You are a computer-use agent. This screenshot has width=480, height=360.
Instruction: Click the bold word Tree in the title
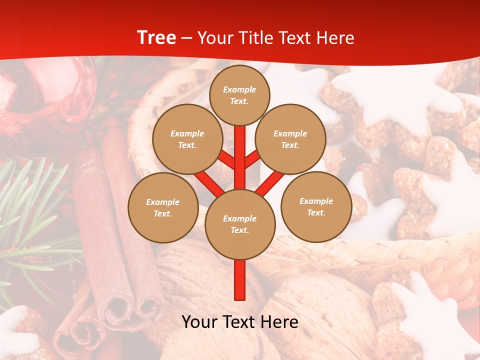point(156,37)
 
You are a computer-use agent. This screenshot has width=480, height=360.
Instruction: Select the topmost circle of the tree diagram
point(239,95)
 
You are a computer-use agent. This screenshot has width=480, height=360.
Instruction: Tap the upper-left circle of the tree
point(187,139)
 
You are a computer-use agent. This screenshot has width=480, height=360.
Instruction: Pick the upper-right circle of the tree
point(290,139)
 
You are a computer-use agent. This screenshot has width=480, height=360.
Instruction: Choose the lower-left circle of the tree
point(163,207)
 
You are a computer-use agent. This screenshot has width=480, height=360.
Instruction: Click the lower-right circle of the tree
point(316,206)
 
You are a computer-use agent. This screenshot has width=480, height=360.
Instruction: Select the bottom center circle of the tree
point(240,224)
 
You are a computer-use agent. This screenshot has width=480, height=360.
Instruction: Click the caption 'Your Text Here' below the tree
point(240,322)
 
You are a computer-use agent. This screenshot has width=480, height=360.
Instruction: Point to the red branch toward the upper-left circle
point(227,161)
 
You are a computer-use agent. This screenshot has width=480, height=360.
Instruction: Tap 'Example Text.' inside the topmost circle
point(239,95)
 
